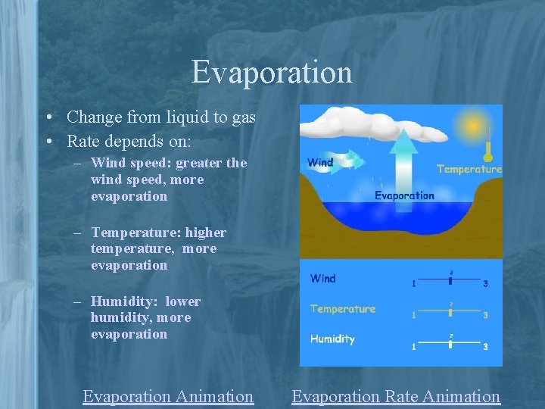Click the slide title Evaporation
(272, 72)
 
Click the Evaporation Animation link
(168, 396)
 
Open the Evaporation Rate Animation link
(396, 396)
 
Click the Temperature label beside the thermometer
(469, 169)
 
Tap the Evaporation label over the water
(405, 195)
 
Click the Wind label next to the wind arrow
(320, 162)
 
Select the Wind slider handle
(450, 279)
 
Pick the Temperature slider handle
(450, 311)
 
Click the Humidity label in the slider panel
(332, 339)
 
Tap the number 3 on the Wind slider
(485, 284)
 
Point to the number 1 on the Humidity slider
(414, 347)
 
